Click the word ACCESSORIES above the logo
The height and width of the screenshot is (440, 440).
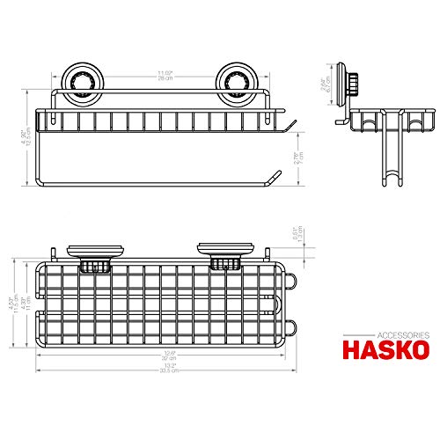coord(402,334)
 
